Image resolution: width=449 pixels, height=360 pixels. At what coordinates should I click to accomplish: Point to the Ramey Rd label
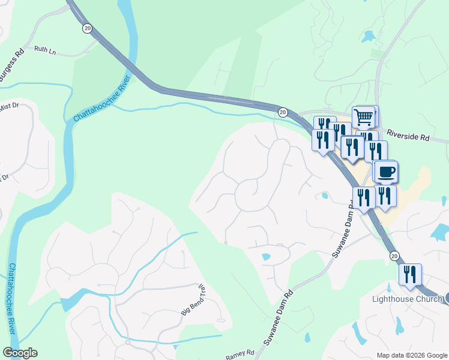[x=240, y=355]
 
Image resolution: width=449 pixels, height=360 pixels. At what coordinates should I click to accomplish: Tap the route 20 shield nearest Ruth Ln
[x=88, y=28]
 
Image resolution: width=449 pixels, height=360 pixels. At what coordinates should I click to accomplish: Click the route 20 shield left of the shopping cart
[x=282, y=112]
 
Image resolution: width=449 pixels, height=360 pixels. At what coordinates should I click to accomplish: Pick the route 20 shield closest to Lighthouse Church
[x=394, y=256]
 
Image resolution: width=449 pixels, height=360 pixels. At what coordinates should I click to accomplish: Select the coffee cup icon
[x=387, y=172]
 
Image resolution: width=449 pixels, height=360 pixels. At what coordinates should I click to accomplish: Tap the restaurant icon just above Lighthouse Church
[x=410, y=274]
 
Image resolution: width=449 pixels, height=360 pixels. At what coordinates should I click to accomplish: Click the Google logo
[x=20, y=353]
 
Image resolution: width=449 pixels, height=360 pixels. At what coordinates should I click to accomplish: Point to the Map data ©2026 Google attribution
[x=412, y=355]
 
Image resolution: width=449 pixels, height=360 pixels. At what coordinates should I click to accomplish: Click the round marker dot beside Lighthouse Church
[x=446, y=298]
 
